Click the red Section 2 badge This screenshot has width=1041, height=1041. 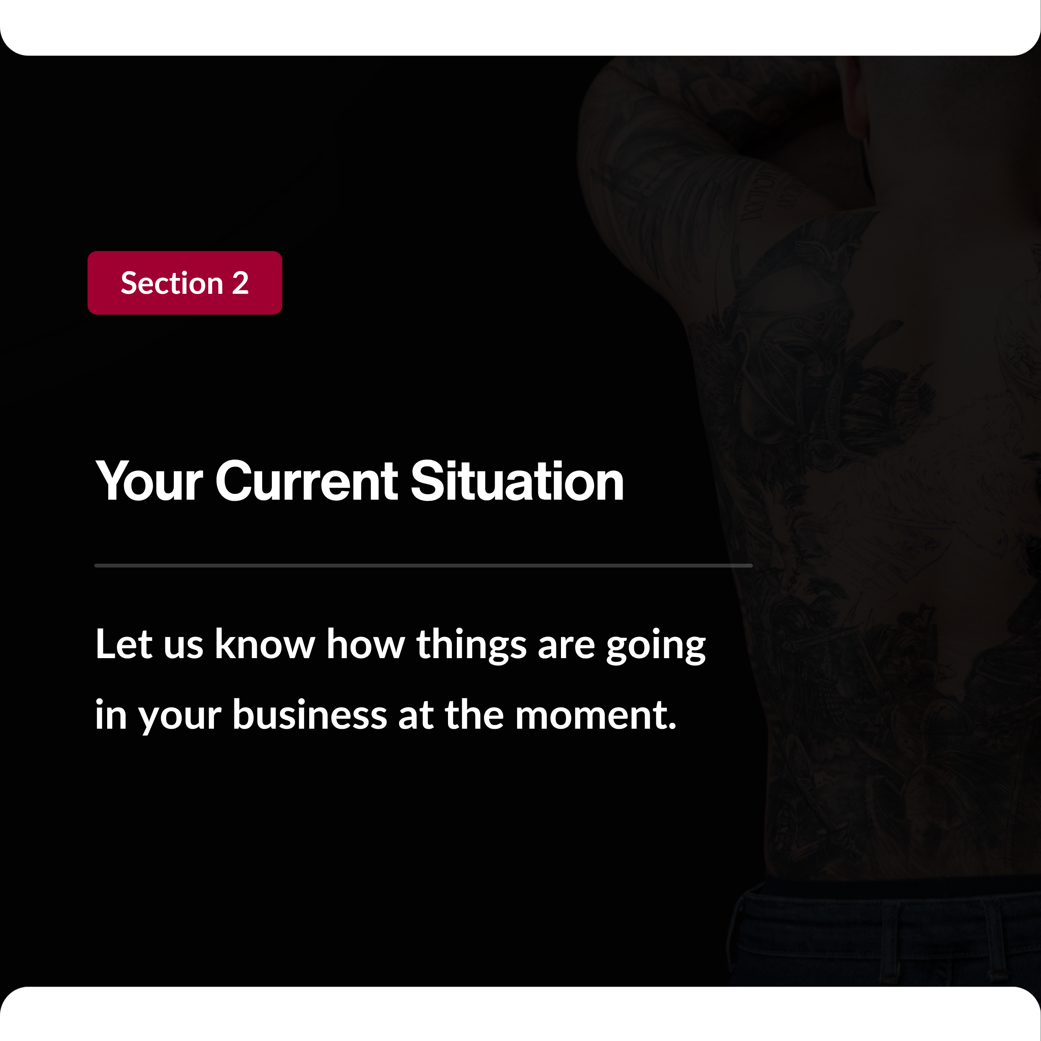(x=185, y=283)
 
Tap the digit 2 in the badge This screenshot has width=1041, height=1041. (x=240, y=283)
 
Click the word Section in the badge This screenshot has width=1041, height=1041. (x=172, y=283)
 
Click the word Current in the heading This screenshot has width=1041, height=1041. (x=307, y=481)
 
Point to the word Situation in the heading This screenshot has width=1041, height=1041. (x=517, y=481)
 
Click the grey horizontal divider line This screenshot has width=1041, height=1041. (x=423, y=566)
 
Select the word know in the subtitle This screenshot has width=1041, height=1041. (x=265, y=644)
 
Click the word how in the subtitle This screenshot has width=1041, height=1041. (x=366, y=644)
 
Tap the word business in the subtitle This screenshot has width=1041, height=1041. (x=310, y=715)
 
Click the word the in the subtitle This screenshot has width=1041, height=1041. (x=474, y=715)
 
